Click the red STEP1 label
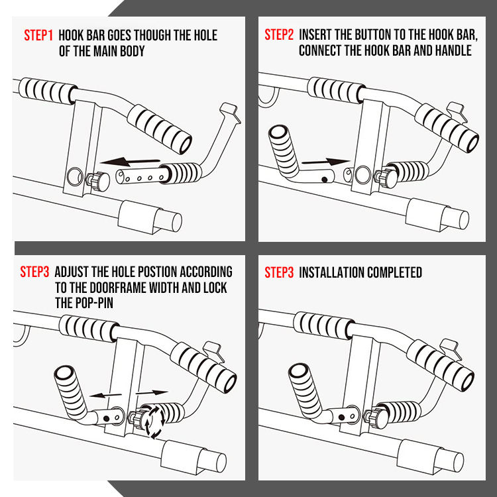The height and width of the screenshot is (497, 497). point(38,35)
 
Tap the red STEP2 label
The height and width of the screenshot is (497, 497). point(279,35)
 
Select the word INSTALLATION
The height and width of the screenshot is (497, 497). point(333,272)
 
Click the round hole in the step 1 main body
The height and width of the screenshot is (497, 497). point(74,176)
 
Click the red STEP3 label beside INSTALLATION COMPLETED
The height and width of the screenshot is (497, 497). point(279,272)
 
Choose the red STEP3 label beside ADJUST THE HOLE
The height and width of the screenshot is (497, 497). point(34,272)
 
